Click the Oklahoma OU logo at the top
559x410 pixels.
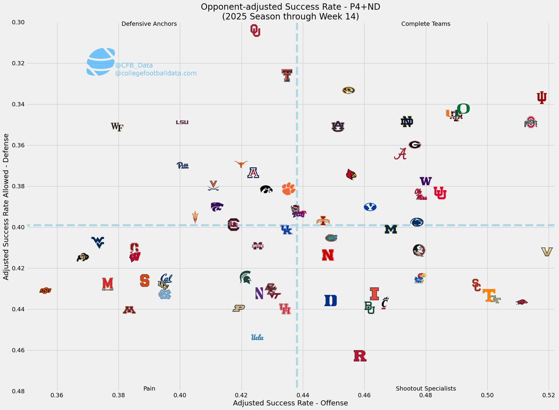pyautogui.click(x=255, y=31)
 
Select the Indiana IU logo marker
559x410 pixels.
pyautogui.click(x=542, y=97)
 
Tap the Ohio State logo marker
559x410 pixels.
pyautogui.click(x=531, y=123)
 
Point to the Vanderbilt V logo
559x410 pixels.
pyautogui.click(x=546, y=252)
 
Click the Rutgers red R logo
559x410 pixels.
pyautogui.click(x=360, y=356)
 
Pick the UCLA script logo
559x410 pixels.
pyautogui.click(x=258, y=338)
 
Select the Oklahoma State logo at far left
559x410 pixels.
pyautogui.click(x=45, y=291)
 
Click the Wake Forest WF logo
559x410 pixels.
pyautogui.click(x=117, y=127)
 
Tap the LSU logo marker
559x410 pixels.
pyautogui.click(x=182, y=122)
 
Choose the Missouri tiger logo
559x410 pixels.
pyautogui.click(x=348, y=90)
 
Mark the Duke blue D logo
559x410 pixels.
pyautogui.click(x=331, y=301)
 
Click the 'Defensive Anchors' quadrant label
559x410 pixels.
pyautogui.click(x=149, y=24)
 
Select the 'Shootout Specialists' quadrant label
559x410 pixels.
pyautogui.click(x=425, y=389)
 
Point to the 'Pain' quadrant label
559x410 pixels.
pyautogui.click(x=149, y=389)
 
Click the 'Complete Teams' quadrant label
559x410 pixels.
pyautogui.click(x=425, y=24)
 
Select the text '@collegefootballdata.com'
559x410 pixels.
pyautogui.click(x=156, y=74)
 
